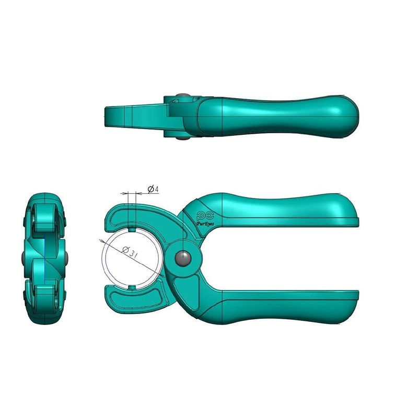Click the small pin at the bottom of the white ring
pyautogui.click(x=133, y=287)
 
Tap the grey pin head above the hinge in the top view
pyautogui.click(x=180, y=96)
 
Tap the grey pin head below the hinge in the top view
pyautogui.click(x=181, y=137)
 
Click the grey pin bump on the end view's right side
pyautogui.click(x=68, y=258)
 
